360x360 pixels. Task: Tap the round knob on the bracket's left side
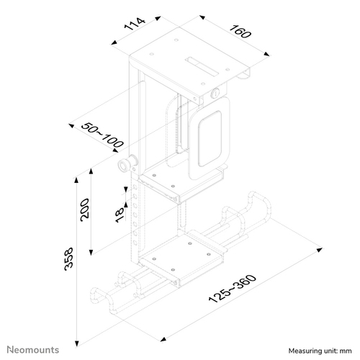click(127, 166)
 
